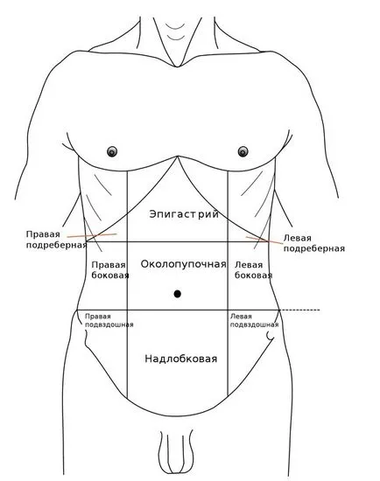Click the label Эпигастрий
184,213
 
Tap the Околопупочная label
183,264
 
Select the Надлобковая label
181,359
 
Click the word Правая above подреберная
43,234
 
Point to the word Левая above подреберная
297,238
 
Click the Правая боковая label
110,270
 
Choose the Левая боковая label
253,270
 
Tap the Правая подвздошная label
109,321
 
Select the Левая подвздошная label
255,321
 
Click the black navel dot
177,294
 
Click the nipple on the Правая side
112,151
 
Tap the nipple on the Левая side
243,151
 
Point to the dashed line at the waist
299,310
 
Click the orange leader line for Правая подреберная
92,235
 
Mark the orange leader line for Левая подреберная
264,240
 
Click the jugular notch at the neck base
177,66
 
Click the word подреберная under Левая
314,248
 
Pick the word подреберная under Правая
56,245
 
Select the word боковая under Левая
253,275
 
